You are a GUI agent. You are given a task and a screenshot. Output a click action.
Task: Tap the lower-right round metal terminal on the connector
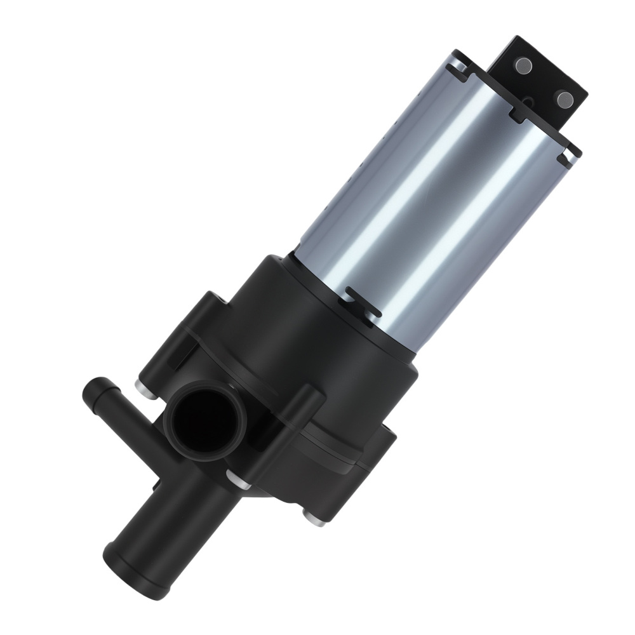[563, 97]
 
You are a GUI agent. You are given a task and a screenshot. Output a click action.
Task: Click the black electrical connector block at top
[543, 79]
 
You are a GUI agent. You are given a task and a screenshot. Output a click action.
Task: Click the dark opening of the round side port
[200, 425]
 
